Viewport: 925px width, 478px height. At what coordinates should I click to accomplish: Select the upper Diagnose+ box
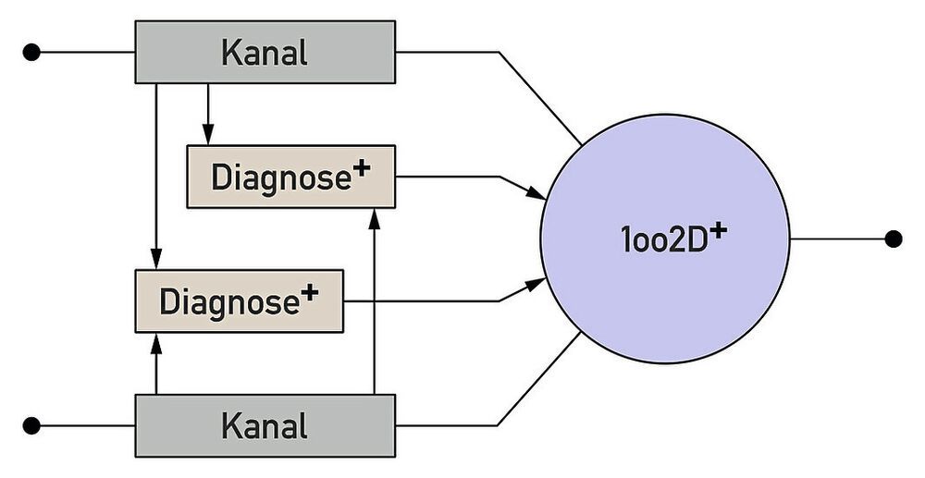(290, 177)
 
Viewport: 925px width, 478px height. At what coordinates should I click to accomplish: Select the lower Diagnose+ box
(239, 301)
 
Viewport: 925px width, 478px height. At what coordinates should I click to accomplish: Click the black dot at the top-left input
(32, 52)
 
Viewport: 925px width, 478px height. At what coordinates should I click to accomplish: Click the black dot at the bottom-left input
(32, 425)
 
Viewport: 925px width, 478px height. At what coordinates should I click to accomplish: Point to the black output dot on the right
(893, 239)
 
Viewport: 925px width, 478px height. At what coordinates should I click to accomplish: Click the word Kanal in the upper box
(265, 53)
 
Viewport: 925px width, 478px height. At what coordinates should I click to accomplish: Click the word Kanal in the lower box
(265, 426)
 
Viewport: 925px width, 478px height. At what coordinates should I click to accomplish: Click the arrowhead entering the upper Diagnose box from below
(375, 216)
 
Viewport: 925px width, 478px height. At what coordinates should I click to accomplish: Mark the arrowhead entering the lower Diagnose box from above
(156, 262)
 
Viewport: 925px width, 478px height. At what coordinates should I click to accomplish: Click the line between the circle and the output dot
(837, 239)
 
